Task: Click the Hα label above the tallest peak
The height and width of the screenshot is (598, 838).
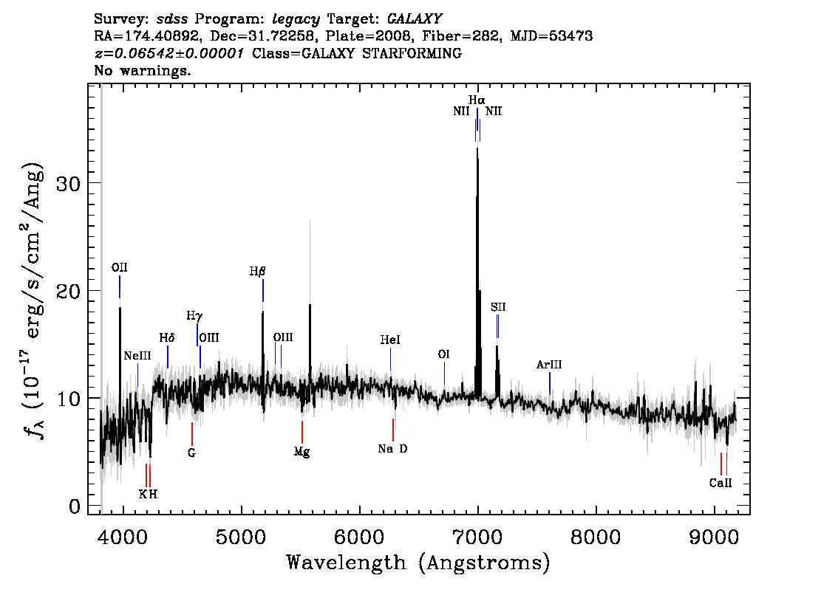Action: click(x=477, y=100)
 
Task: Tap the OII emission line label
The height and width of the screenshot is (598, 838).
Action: click(x=119, y=267)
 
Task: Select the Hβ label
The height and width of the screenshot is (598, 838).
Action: click(x=257, y=271)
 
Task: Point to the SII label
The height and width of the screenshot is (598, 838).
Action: click(x=498, y=307)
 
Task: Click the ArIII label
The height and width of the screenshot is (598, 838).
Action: click(x=549, y=365)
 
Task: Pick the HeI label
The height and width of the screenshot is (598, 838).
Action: click(x=390, y=340)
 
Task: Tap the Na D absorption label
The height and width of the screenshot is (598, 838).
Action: click(x=393, y=449)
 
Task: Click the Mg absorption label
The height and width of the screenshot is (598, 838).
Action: click(x=302, y=453)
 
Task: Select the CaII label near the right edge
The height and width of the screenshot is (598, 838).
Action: click(x=721, y=483)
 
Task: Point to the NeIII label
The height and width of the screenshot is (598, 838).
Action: click(x=137, y=356)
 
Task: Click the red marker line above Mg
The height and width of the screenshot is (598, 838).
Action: click(x=302, y=432)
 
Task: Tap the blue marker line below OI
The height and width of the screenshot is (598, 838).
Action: click(x=444, y=374)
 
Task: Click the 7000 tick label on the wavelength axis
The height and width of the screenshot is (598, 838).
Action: click(x=477, y=537)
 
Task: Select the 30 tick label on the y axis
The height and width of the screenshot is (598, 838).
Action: click(x=68, y=183)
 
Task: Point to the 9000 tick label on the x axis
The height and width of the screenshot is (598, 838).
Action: click(x=713, y=537)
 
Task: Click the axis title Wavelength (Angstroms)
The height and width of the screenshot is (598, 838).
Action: click(x=418, y=563)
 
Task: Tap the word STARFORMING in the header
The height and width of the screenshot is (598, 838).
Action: click(x=412, y=53)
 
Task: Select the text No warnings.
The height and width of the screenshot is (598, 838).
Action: click(x=142, y=70)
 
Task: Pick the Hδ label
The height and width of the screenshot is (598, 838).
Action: click(x=167, y=338)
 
